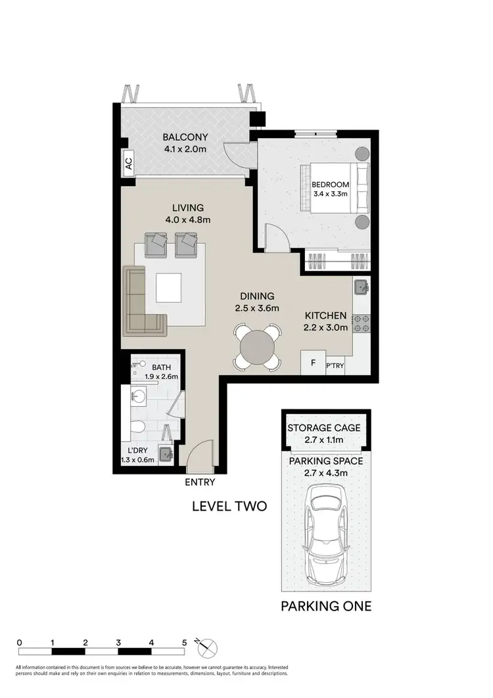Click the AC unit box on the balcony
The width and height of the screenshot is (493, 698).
128,162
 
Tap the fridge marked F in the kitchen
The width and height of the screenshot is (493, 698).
313,363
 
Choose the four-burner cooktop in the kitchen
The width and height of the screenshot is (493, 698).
362,323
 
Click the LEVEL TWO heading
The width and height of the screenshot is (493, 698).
228,506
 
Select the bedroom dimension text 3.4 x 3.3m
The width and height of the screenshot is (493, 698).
331,195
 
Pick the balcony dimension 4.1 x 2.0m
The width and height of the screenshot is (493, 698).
185,149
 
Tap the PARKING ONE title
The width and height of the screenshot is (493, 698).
326,605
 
